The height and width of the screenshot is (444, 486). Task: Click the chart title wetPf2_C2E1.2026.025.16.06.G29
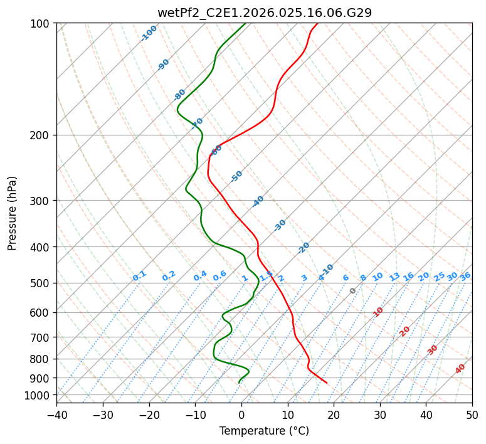(x=264, y=12)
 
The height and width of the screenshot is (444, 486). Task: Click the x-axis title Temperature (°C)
(x=264, y=431)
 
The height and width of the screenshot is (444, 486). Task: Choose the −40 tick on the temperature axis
(x=56, y=415)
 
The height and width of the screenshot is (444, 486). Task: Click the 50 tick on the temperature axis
(x=472, y=415)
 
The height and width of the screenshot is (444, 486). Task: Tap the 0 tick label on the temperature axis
(x=241, y=415)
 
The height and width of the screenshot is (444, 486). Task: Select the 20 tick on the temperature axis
(x=334, y=415)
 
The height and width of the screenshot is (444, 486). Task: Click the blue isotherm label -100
(x=149, y=33)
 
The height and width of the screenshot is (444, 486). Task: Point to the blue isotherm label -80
(x=180, y=94)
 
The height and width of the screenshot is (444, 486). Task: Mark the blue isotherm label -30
(x=280, y=225)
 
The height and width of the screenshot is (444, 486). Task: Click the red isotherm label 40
(x=460, y=369)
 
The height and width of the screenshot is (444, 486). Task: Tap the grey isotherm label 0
(x=352, y=291)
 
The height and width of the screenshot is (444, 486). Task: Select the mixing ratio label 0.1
(x=139, y=276)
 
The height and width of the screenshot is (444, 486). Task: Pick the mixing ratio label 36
(x=465, y=276)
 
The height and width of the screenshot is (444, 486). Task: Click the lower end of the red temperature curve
(x=327, y=383)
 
